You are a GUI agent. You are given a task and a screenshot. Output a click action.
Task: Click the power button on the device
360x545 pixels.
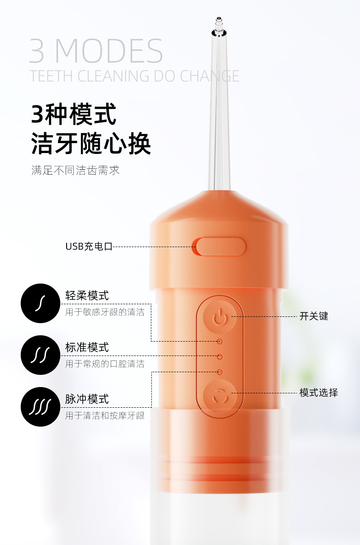220,317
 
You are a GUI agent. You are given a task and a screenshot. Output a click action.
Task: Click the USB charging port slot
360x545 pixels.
221,247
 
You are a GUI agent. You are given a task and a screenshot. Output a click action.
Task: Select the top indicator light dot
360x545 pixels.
220,342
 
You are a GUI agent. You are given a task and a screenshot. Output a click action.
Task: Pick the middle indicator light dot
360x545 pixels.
220,356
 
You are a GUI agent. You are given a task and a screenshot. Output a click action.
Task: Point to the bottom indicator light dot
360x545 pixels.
220,372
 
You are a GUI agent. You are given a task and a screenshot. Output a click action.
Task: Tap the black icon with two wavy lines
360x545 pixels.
40,355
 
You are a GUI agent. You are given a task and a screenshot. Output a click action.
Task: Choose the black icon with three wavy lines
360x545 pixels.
40,407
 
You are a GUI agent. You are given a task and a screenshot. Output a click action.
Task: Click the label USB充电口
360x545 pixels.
89,247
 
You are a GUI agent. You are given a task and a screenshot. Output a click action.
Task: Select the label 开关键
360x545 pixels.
314,316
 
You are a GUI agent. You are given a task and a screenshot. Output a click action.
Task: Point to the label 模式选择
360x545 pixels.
319,392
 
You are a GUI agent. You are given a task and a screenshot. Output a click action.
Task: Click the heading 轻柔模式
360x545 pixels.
87,296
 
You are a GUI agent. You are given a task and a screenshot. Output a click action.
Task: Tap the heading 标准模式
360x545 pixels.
87,347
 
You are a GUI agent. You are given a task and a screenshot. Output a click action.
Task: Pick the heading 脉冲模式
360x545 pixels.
87,399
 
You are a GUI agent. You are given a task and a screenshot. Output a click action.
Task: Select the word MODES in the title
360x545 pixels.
109,51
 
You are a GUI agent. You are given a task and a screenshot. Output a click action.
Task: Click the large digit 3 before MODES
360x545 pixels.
37,51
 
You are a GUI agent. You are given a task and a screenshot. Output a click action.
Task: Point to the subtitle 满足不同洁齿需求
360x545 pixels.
76,171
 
